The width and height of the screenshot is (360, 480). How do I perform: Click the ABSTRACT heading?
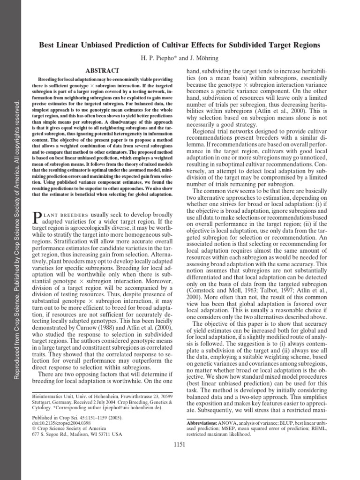click(x=104, y=70)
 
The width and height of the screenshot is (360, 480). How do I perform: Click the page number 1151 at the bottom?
click(x=180, y=444)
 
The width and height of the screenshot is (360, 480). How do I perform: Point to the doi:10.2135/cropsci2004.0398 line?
click(x=61, y=422)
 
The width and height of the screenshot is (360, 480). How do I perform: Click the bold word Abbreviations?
click(x=202, y=423)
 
